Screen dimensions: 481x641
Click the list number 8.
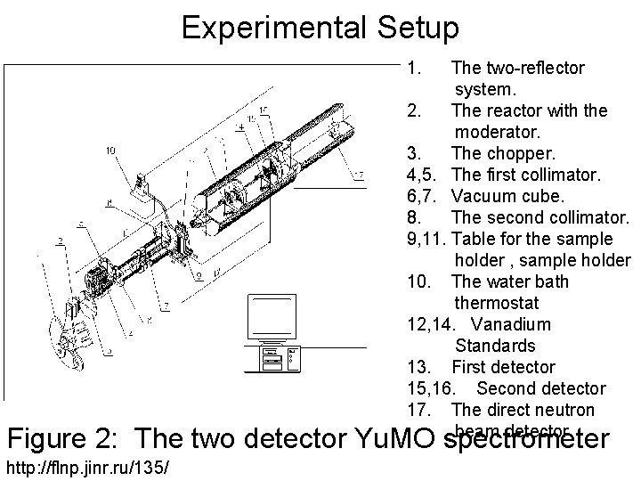click(412, 217)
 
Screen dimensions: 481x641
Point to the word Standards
click(495, 346)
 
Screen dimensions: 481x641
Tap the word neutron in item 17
click(564, 410)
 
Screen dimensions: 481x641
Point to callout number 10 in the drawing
click(111, 151)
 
